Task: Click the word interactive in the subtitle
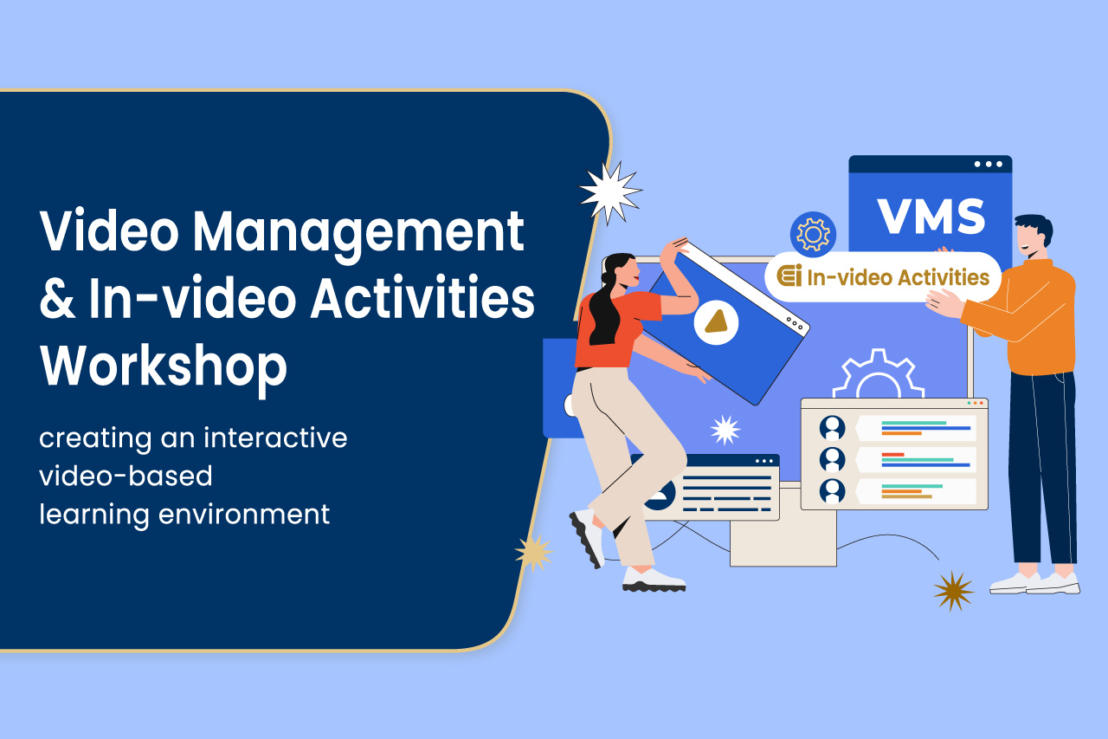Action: (x=275, y=438)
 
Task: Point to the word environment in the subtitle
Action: (x=245, y=514)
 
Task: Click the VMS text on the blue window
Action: (x=931, y=217)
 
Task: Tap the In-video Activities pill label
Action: (x=883, y=277)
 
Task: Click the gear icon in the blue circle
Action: (x=813, y=235)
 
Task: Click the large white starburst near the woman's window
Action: (x=609, y=192)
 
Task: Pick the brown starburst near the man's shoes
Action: (x=953, y=591)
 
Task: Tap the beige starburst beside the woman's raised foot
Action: (x=534, y=552)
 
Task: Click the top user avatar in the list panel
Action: (x=833, y=427)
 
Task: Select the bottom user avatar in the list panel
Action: (x=833, y=490)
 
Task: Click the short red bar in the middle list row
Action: (x=892, y=454)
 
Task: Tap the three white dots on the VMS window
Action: (x=989, y=164)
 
